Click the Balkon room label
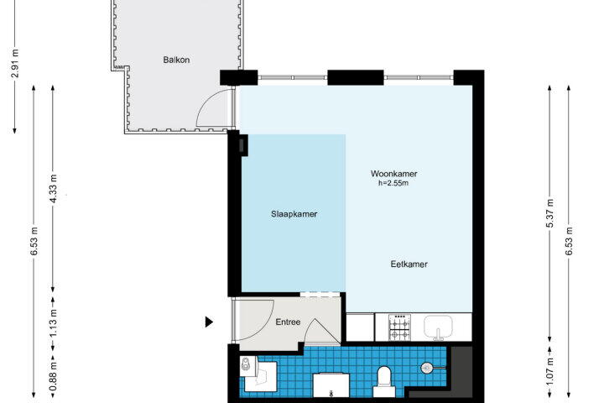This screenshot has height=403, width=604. (x=176, y=60)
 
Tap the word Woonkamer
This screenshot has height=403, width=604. (x=393, y=174)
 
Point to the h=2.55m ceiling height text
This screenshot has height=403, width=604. (x=393, y=183)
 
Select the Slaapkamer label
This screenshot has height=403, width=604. (x=294, y=214)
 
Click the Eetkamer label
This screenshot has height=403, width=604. (x=409, y=264)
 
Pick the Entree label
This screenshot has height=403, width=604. (x=288, y=322)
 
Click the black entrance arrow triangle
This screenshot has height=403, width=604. (x=209, y=322)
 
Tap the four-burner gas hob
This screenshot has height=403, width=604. (x=399, y=327)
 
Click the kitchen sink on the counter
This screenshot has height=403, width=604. (x=438, y=327)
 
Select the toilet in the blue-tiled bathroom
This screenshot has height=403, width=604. (x=383, y=382)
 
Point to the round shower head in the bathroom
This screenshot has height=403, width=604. (x=426, y=368)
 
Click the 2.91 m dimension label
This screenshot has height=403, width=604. (x=15, y=64)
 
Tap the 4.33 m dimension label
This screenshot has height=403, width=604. (x=54, y=189)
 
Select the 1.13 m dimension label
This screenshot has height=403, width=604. (x=54, y=322)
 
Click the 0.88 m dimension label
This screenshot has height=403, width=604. (x=54, y=376)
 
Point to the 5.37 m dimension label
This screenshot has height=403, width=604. (x=550, y=213)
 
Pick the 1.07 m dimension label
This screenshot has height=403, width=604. (x=550, y=371)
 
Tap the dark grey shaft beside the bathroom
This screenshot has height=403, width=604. (x=461, y=371)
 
